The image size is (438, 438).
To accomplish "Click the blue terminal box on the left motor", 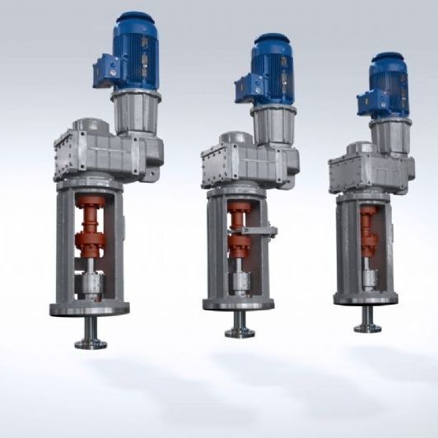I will (x=106, y=69).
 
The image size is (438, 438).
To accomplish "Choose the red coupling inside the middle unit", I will (x=240, y=235).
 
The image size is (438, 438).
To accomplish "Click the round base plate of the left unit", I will (x=90, y=310).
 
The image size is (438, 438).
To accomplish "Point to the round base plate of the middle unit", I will (x=239, y=305).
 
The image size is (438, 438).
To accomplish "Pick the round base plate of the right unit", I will (x=366, y=301).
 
